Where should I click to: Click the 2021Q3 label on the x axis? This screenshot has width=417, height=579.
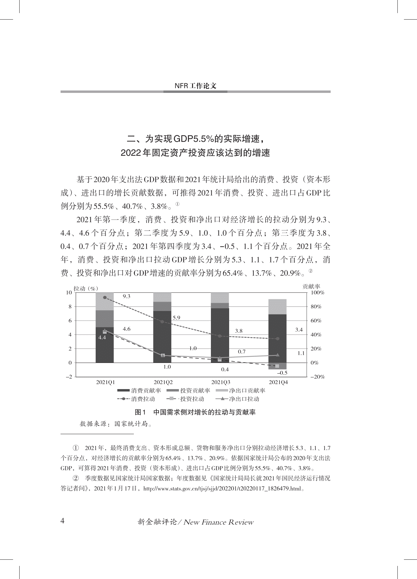(221, 382)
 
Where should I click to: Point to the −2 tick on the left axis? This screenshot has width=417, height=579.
(69, 377)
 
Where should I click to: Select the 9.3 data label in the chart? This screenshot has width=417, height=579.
(127, 296)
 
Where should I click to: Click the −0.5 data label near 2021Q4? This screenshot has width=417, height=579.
(282, 373)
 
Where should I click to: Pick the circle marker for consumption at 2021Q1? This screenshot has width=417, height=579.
(105, 298)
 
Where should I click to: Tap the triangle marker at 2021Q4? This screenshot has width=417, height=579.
(278, 355)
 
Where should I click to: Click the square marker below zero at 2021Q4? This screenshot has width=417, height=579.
(277, 366)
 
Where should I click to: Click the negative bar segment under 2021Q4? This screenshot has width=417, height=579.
(277, 366)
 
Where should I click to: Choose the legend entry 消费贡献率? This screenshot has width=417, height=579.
(139, 391)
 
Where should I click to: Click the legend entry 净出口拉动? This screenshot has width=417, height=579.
(237, 399)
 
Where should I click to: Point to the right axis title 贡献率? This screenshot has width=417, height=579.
(311, 286)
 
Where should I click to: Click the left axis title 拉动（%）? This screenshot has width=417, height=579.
(86, 288)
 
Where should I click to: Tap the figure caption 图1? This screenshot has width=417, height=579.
(141, 412)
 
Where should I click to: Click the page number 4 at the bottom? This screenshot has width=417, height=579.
(62, 521)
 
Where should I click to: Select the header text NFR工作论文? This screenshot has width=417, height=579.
(195, 86)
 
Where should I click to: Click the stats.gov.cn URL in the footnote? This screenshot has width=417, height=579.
(222, 489)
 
